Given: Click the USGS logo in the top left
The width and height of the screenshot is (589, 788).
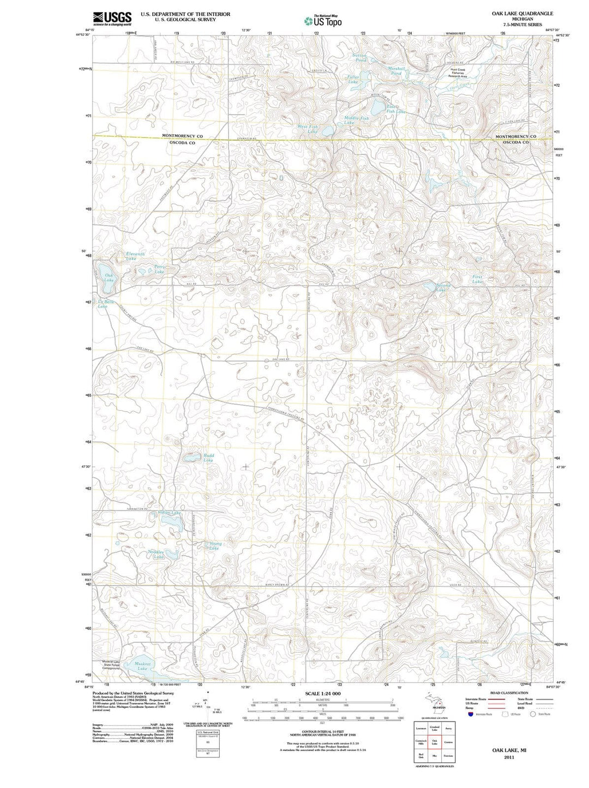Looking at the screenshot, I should click(112, 19).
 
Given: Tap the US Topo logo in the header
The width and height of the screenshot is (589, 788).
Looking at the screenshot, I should click(323, 21).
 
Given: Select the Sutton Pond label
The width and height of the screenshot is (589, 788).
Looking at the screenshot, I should click(359, 57).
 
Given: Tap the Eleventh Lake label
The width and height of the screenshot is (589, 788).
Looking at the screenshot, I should click(135, 256).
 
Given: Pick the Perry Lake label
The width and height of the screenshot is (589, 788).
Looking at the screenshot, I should click(159, 269).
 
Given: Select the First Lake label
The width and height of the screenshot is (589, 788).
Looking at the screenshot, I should click(477, 279).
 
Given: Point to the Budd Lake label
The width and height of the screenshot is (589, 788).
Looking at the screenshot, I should click(208, 458).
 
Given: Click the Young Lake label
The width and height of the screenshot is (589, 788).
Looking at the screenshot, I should click(215, 545).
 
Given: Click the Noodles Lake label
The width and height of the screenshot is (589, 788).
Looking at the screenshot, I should click(157, 554).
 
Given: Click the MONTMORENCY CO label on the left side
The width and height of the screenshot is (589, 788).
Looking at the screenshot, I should click(182, 136).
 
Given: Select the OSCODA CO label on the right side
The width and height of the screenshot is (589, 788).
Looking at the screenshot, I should click(515, 142).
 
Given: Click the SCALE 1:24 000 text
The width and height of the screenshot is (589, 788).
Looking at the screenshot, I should click(323, 694).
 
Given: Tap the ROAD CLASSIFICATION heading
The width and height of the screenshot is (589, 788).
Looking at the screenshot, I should click(509, 693).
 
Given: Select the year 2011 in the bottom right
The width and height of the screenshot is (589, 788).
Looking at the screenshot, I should click(509, 757).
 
